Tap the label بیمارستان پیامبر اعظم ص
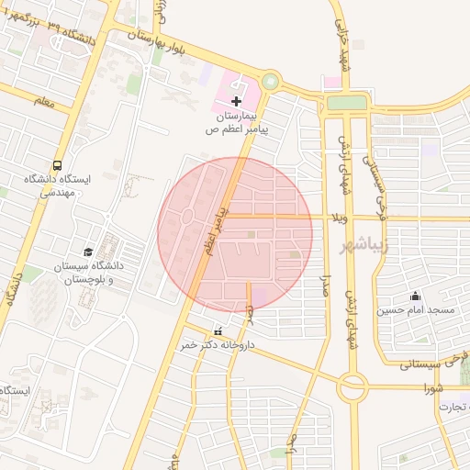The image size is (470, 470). pyautogui.click(x=237, y=124)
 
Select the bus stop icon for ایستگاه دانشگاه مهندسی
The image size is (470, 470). pyautogui.click(x=58, y=166)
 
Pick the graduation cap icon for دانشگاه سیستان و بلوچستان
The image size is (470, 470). pyautogui.click(x=88, y=252)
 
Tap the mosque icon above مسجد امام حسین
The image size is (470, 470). pyautogui.click(x=415, y=296)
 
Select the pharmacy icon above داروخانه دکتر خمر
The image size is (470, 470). pyautogui.click(x=218, y=331)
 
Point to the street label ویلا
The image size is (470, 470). pyautogui.click(x=338, y=218)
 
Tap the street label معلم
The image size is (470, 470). pyautogui.click(x=41, y=104)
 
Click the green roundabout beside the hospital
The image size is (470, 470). pyautogui.click(x=270, y=82)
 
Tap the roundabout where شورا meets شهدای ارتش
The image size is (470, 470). pyautogui.click(x=352, y=387)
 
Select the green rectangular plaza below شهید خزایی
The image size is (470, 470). pyautogui.click(x=347, y=103)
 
